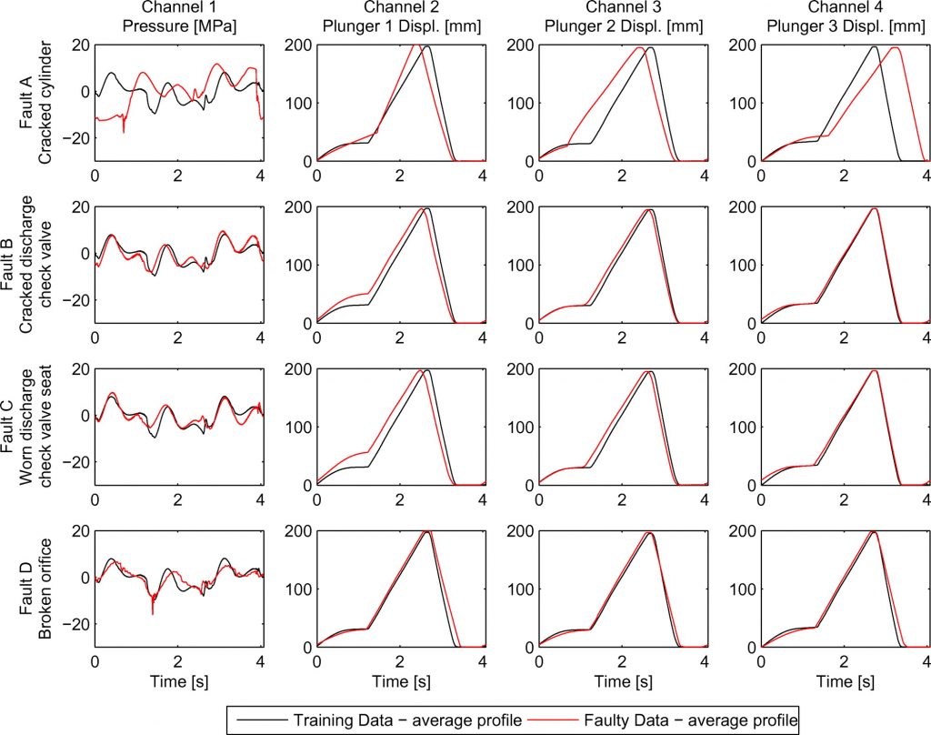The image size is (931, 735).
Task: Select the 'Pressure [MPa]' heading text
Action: click(178, 26)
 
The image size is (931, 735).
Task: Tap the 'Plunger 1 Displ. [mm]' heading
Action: click(400, 26)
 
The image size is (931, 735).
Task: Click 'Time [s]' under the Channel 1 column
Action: click(178, 680)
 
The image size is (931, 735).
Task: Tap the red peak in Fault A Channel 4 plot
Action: click(896, 48)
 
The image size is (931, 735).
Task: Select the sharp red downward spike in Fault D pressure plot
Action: click(153, 614)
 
